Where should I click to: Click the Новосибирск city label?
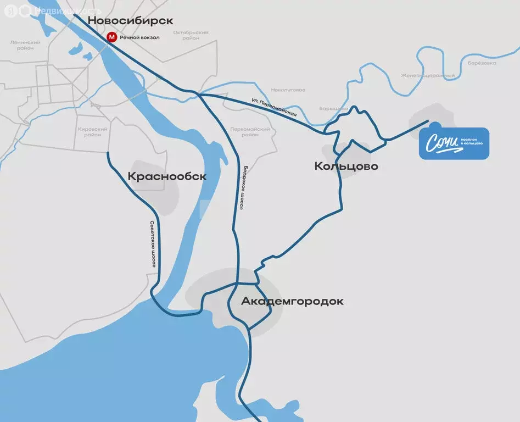(131, 20)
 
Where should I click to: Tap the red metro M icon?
(111, 37)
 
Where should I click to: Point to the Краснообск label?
(167, 176)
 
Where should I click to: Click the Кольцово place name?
(346, 166)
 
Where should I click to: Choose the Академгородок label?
(292, 301)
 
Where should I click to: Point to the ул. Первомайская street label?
(275, 107)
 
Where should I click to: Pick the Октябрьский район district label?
(191, 35)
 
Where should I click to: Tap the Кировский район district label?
(93, 132)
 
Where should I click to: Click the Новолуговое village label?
(288, 90)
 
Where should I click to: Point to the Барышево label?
(333, 109)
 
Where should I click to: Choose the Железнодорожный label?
(427, 75)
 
